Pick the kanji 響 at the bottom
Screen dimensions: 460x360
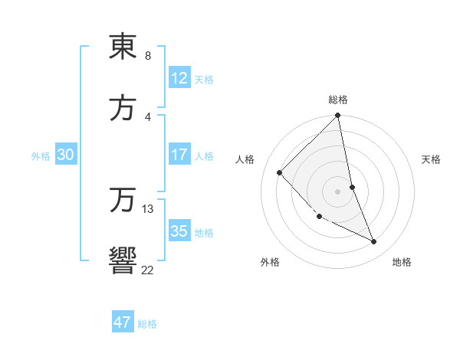[x=123, y=260]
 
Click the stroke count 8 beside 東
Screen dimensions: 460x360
[x=147, y=56]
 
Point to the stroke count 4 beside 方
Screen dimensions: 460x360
[x=147, y=117]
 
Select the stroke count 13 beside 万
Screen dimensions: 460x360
[x=148, y=208]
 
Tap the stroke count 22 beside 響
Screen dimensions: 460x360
[x=147, y=270]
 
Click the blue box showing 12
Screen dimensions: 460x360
[x=179, y=78]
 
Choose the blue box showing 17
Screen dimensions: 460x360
[x=179, y=155]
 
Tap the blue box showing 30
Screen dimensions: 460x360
[x=66, y=155]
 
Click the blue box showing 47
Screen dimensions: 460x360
[x=123, y=322]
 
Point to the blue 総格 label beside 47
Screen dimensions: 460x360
[x=147, y=324]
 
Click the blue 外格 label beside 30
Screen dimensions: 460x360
[x=41, y=156]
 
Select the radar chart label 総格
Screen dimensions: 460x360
[x=338, y=100]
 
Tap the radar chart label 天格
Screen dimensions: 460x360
[x=432, y=159]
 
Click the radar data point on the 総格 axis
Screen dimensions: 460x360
[x=338, y=116]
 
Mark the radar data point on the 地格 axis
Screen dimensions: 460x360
[x=374, y=241]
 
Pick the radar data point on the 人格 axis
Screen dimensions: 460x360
[x=280, y=172]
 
